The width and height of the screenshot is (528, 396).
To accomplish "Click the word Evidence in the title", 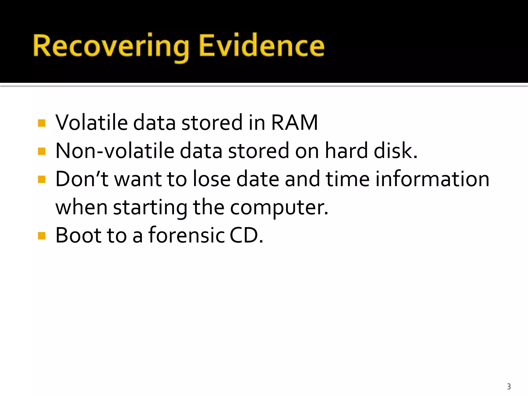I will tap(261, 46).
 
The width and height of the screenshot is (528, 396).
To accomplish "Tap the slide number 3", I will tap(509, 386).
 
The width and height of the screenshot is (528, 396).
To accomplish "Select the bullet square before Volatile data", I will tap(42, 123).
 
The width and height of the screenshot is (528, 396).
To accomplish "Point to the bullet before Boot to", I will tap(42, 236).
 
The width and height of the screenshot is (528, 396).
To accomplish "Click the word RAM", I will tap(294, 123).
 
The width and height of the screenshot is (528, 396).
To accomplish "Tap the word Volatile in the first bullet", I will tap(91, 123).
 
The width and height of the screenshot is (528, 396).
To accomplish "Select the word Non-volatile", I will tap(115, 151).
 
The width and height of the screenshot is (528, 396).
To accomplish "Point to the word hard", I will tap(346, 151).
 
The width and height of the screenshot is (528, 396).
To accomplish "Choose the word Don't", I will tap(82, 179).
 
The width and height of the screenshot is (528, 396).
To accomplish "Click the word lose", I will tap(211, 179).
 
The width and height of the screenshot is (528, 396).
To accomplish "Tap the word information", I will tap(432, 179).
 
